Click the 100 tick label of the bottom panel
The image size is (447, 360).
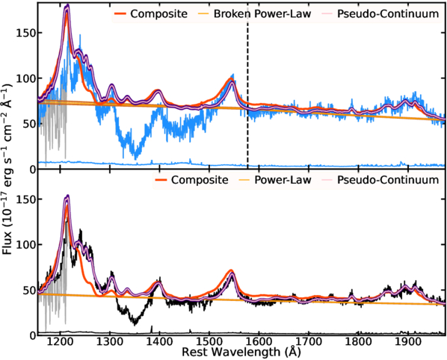pyautogui.click(x=25, y=244)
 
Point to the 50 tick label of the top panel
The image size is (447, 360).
pyautogui.click(x=28, y=124)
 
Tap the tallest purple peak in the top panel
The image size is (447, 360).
pyautogui.click(x=67, y=6)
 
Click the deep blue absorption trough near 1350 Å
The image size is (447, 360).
pyautogui.click(x=135, y=152)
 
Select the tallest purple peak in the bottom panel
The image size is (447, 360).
pyautogui.click(x=67, y=196)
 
